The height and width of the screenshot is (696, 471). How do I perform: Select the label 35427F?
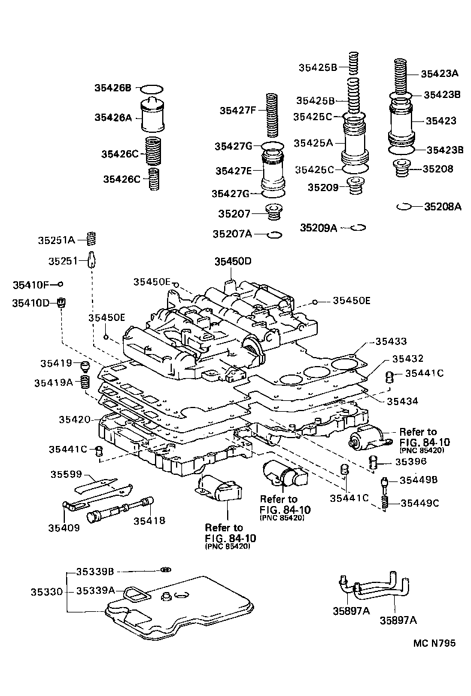[x=237, y=110]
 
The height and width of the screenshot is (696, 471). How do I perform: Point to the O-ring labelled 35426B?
[x=154, y=88]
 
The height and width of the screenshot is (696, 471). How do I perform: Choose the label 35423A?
[x=439, y=74]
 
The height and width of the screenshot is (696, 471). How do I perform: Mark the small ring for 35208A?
[x=404, y=207]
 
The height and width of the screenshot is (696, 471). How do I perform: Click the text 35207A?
[x=232, y=233]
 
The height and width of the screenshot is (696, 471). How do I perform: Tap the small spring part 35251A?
[x=92, y=238]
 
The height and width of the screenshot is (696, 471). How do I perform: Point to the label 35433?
[x=391, y=341]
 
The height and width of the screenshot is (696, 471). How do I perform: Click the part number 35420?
[x=75, y=419]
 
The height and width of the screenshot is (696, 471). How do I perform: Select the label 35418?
[x=149, y=520]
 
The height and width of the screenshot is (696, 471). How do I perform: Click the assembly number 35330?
[x=47, y=591]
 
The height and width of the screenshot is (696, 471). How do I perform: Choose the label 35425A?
[x=314, y=143]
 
